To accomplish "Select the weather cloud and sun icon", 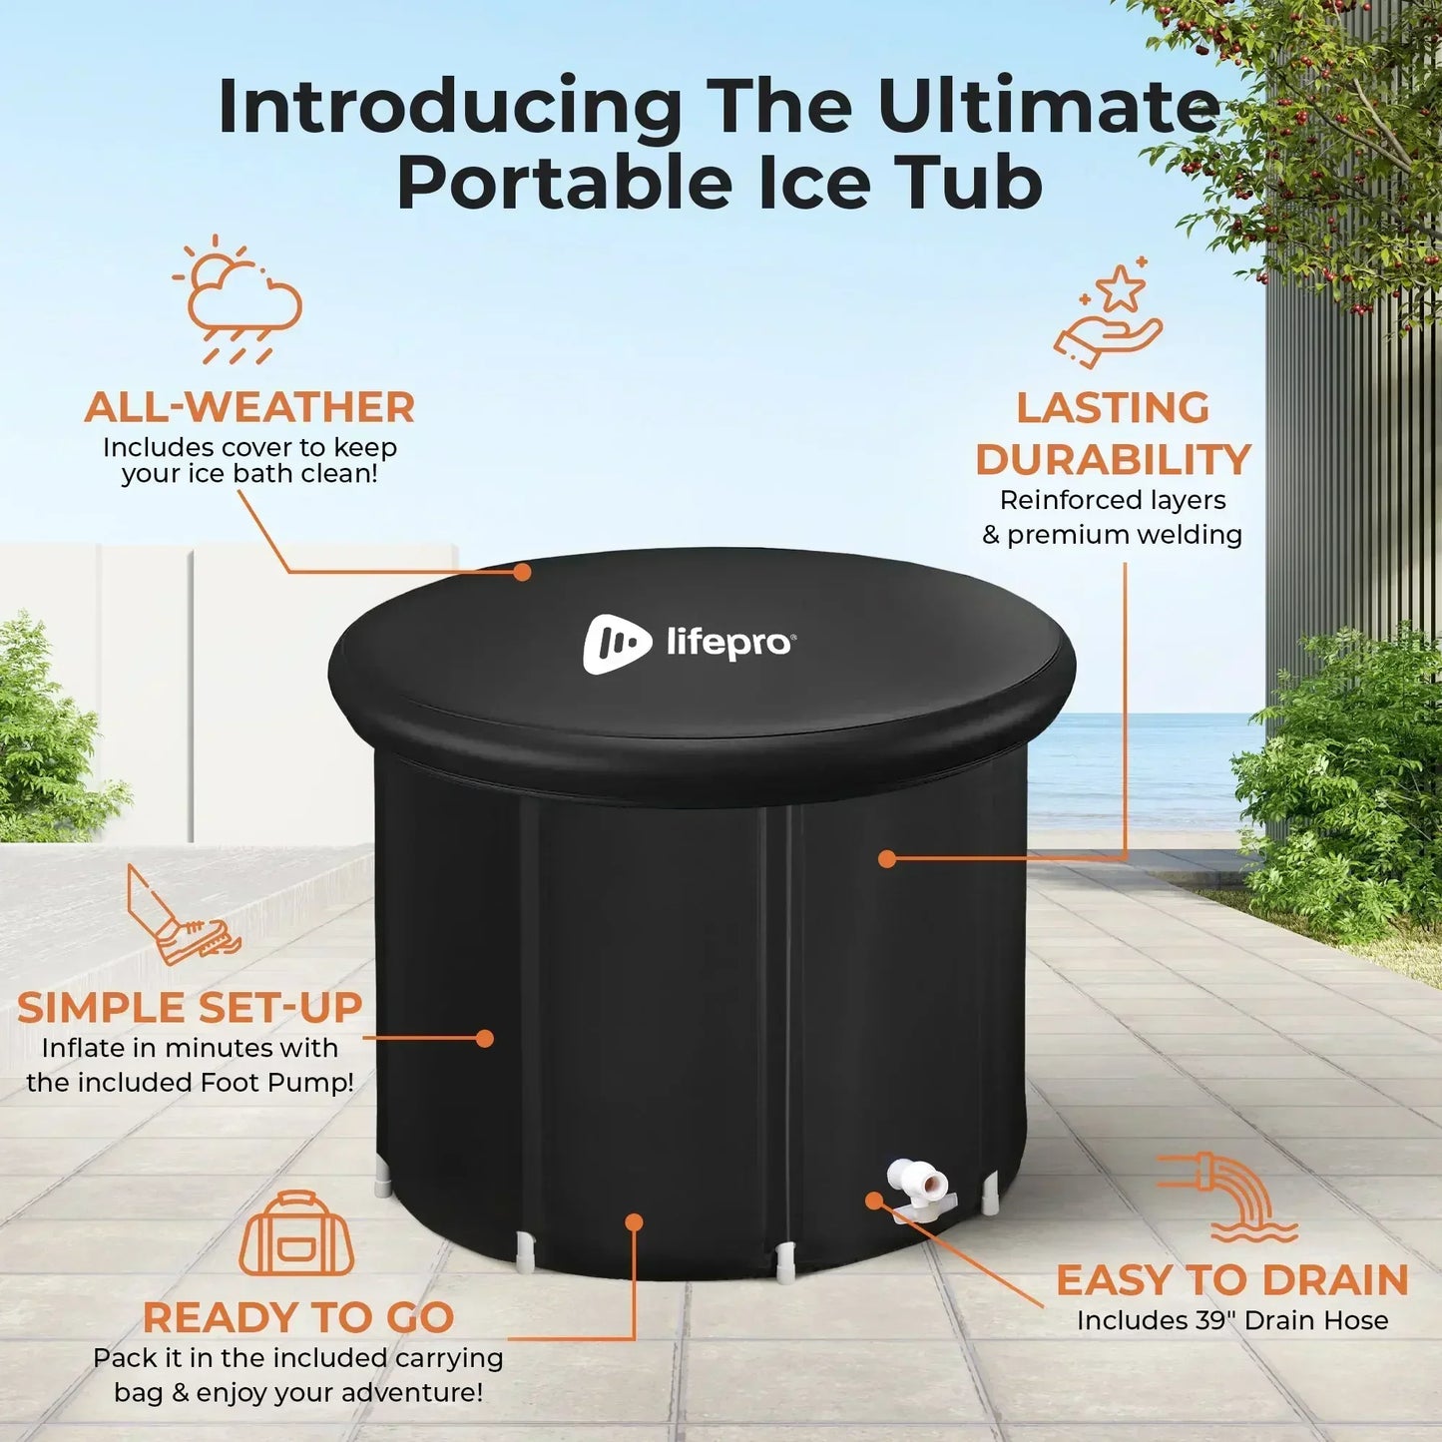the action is pyautogui.click(x=237, y=299).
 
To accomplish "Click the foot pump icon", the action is pyautogui.click(x=183, y=915).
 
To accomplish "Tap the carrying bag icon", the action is pyautogui.click(x=296, y=1234).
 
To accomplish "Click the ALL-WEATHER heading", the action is pyautogui.click(x=249, y=407).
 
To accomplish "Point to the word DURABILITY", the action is pyautogui.click(x=1114, y=459).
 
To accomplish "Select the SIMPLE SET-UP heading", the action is pyautogui.click(x=190, y=1007).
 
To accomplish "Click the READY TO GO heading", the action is pyautogui.click(x=298, y=1316).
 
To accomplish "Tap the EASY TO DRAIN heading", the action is pyautogui.click(x=1232, y=1279).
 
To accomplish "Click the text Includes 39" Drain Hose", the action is pyautogui.click(x=1232, y=1320).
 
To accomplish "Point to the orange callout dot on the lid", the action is pyautogui.click(x=522, y=572).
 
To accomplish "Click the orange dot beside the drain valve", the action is pyautogui.click(x=873, y=1201).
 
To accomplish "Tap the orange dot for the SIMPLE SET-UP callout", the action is pyautogui.click(x=485, y=1038).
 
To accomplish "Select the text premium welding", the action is pyautogui.click(x=1125, y=536).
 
